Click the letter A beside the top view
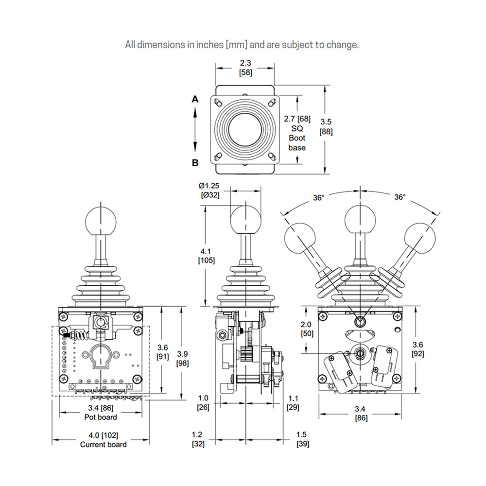pos(195,99)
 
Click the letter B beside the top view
pos(195,163)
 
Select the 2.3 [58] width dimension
pos(245,68)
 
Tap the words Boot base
pos(297,142)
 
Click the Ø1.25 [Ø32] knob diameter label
pos(210,191)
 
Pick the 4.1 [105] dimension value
pos(205,256)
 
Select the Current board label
pos(103,444)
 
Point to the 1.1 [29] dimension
pos(293,403)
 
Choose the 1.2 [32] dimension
pos(198,439)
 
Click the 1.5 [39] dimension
pos(302,439)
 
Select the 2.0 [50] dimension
pos(294,330)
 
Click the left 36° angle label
pos(319,198)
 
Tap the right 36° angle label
pos(399,198)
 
